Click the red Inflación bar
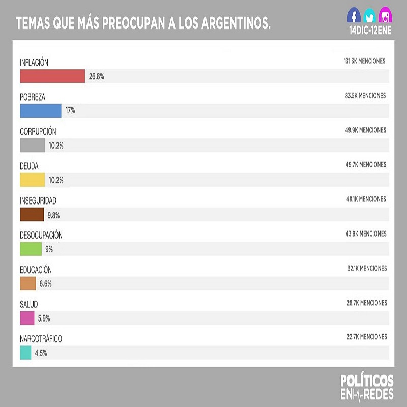[x=52, y=76]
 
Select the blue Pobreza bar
[x=40, y=111]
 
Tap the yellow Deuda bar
[x=33, y=180]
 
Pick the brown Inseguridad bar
[x=32, y=215]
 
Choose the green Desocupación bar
[x=31, y=249]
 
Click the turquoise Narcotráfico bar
[x=25, y=353]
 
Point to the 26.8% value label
[x=97, y=76]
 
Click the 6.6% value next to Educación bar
[x=45, y=284]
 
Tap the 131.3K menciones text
[x=364, y=61]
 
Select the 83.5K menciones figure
[x=365, y=96]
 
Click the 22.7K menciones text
[x=366, y=337]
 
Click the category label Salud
[x=28, y=304]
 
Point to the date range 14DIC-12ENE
[x=370, y=31]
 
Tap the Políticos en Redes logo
[x=367, y=387]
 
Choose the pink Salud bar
[x=27, y=318]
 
